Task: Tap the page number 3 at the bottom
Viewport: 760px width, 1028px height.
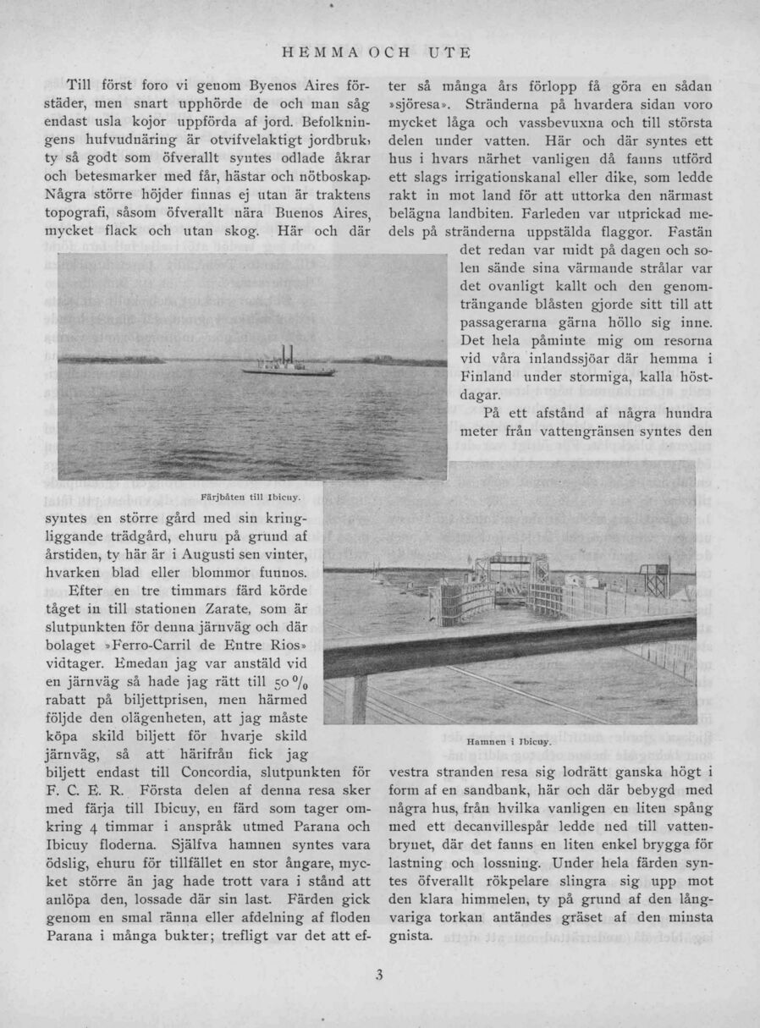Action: tap(380, 974)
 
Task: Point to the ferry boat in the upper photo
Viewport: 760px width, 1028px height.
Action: tap(288, 363)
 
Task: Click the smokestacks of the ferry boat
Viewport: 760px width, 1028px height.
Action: tap(287, 352)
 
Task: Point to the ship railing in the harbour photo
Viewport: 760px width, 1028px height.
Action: tap(508, 651)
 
